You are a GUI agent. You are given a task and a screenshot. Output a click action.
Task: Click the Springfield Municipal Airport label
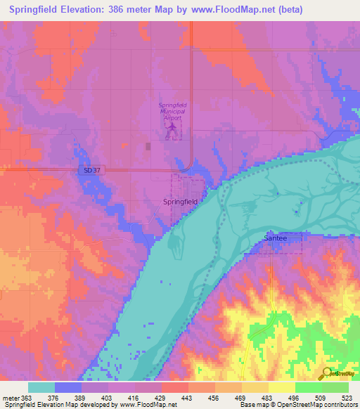click(172, 112)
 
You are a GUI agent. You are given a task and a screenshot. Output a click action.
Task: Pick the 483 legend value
click(268, 397)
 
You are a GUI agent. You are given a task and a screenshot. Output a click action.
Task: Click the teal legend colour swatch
click(41, 387)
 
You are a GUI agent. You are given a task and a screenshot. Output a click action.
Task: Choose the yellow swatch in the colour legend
click(281, 387)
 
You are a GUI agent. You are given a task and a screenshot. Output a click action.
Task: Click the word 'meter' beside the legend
click(9, 397)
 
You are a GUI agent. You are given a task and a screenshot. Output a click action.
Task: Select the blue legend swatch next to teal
click(67, 387)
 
